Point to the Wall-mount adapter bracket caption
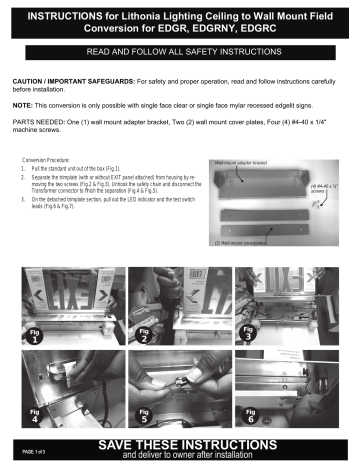pos(241,160)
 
